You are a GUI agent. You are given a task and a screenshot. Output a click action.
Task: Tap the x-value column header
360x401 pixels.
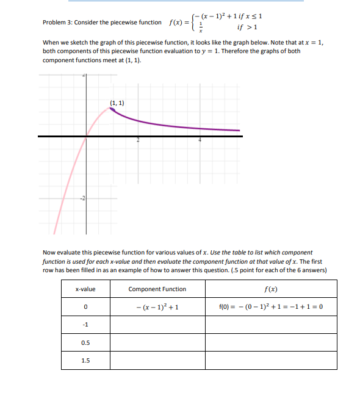[x=85, y=289]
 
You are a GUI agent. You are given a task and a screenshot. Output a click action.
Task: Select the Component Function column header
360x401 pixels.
[x=157, y=289]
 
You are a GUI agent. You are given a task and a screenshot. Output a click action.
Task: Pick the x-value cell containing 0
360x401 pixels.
[x=85, y=306]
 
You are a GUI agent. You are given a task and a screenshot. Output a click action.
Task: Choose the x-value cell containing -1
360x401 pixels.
[x=85, y=324]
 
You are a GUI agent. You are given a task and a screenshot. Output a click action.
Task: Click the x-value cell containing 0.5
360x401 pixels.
[x=85, y=342]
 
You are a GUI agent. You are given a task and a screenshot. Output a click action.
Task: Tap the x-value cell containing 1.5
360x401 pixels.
[x=85, y=360]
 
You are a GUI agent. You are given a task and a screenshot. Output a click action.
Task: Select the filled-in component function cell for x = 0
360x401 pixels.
[x=157, y=306]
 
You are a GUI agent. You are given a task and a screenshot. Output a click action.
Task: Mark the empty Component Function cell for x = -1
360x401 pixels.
[x=157, y=324]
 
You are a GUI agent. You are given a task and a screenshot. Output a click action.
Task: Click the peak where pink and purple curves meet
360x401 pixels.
[x=111, y=108]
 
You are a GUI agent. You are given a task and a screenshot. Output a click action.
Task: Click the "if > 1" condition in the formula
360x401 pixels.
[x=250, y=27]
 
